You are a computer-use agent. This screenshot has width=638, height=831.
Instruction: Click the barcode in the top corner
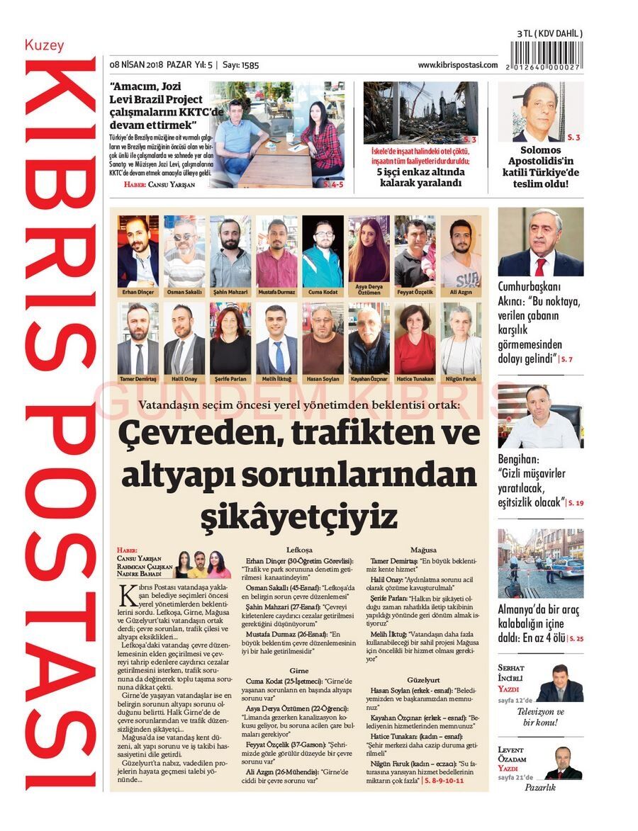[x=546, y=55]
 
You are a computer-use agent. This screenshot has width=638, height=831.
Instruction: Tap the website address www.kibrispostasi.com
[x=457, y=65]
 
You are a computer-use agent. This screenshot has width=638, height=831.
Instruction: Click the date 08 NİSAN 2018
[x=136, y=65]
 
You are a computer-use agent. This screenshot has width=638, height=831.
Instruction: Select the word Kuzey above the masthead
[x=44, y=45]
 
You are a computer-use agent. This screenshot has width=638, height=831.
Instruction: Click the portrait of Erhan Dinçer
[x=138, y=251]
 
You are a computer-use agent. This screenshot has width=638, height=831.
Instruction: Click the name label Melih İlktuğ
[x=276, y=379]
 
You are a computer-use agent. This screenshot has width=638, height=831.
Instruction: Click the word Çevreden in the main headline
[x=189, y=431]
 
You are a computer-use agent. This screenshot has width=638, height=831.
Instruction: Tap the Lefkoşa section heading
[x=299, y=550]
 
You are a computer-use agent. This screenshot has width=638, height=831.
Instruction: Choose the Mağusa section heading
[x=423, y=550]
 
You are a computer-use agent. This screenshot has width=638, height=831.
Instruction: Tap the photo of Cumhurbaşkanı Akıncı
[x=540, y=242]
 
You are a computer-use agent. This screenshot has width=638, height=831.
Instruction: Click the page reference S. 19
[x=576, y=503]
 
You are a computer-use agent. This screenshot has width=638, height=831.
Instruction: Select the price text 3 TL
[x=525, y=33]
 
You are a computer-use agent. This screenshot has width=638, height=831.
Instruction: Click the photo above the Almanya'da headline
[x=540, y=564]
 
